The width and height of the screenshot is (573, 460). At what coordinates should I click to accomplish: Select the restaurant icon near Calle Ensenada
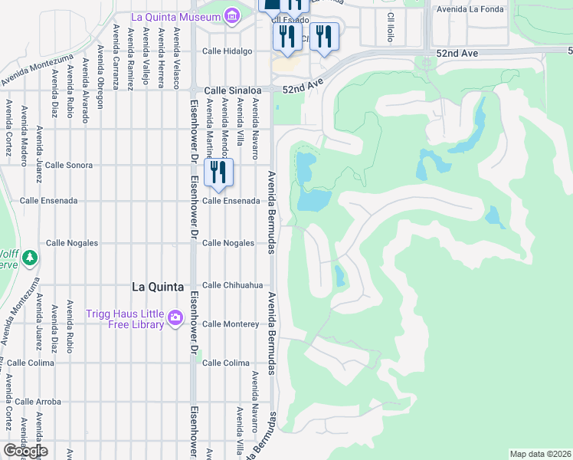[x=220, y=172]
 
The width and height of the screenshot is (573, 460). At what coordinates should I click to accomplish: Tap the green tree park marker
[x=30, y=258]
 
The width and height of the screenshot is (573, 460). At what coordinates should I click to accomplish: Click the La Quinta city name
[x=158, y=287]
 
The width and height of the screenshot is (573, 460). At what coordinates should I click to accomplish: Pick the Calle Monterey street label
[x=231, y=324]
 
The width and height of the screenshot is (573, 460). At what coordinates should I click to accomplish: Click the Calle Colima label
[x=226, y=363]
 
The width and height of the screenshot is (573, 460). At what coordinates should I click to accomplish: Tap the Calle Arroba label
[x=38, y=401]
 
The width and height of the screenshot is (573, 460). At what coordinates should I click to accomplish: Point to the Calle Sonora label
[x=69, y=165]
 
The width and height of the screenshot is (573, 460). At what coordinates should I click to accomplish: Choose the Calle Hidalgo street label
[x=227, y=51]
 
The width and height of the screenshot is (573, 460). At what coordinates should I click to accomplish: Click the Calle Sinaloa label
[x=228, y=90]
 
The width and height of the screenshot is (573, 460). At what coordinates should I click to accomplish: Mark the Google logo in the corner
[x=25, y=450]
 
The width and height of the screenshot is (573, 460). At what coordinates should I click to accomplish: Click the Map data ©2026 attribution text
[x=540, y=453]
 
